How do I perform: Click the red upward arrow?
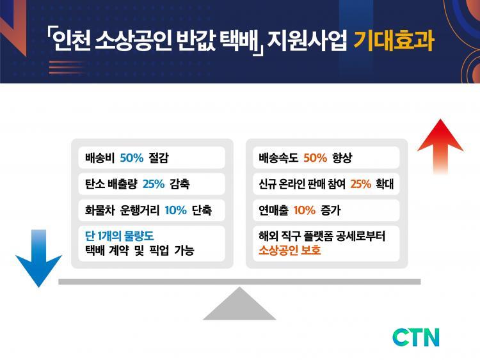click(x=440, y=147)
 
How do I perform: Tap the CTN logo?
click(x=416, y=337)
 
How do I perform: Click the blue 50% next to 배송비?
click(x=132, y=158)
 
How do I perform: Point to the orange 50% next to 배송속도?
click(x=316, y=158)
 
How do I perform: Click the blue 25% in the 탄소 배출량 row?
click(x=154, y=184)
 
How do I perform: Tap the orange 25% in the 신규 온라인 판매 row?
click(x=360, y=184)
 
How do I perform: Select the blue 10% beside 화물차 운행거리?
click(x=176, y=210)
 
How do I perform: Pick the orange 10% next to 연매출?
click(x=304, y=210)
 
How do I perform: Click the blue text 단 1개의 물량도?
click(x=120, y=236)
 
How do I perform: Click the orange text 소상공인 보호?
click(x=289, y=250)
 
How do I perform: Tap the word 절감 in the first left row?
click(x=159, y=158)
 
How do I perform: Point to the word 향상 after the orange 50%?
click(x=342, y=158)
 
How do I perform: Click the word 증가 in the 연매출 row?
click(x=331, y=210)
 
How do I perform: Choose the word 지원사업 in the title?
click(x=307, y=41)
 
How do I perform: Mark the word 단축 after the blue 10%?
click(x=202, y=210)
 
